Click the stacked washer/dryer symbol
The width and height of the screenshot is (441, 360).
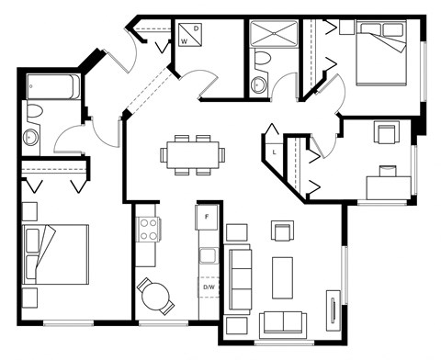point(190,35)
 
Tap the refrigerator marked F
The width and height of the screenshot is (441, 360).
point(207,217)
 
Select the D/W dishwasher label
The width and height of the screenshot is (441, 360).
point(209,287)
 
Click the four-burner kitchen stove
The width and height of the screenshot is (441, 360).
point(149,230)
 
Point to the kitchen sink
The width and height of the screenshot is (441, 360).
point(209,255)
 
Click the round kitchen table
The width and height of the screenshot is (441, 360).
point(155,296)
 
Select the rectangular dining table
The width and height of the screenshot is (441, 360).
point(193,154)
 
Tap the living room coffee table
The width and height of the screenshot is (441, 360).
point(282,277)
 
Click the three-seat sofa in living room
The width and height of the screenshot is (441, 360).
point(241,279)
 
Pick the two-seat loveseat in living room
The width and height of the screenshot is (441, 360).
point(283,322)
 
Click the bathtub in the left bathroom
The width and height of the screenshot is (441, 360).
point(53,86)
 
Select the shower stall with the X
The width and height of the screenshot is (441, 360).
point(274,33)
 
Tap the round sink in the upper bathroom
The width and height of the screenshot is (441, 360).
point(258,84)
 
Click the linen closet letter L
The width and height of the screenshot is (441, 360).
point(275,152)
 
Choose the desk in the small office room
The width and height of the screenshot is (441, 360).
point(389,187)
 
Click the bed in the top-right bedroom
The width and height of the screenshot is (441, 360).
point(381,52)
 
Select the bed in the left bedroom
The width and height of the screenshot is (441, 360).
point(56,254)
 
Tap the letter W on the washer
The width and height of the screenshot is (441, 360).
point(184,41)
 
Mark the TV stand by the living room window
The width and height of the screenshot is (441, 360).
point(334,310)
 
